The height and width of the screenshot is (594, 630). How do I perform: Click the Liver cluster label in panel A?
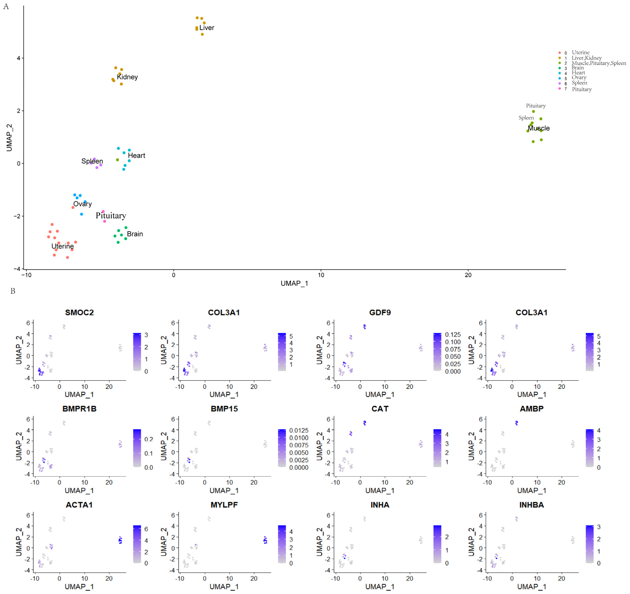(207, 28)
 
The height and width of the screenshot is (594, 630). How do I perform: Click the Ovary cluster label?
(82, 204)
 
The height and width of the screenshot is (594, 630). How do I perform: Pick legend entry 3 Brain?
(577, 68)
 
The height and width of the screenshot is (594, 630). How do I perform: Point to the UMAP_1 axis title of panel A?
(294, 283)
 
